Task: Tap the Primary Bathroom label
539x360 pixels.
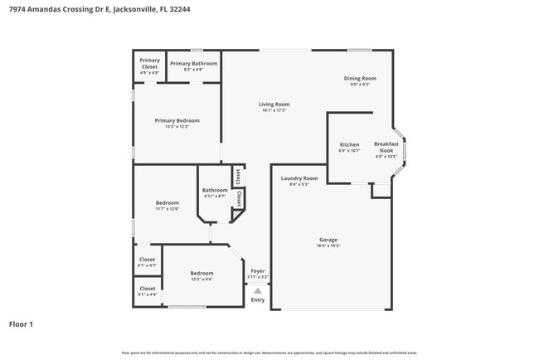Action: coord(193,64)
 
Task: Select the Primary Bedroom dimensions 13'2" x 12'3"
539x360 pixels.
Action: coord(177,127)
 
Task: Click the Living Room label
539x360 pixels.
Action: coord(274,105)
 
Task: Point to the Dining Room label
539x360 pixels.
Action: coord(360,78)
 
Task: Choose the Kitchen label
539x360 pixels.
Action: coord(349,145)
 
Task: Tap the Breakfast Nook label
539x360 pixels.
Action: coord(386,147)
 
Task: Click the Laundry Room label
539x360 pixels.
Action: coord(299,178)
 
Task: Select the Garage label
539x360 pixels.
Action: coord(328,240)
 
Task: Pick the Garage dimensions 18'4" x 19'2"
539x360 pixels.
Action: coord(328,246)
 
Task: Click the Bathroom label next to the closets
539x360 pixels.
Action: coord(214,190)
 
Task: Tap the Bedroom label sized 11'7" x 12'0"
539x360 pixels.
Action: coord(168,203)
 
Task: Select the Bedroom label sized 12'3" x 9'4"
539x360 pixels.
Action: coord(202,273)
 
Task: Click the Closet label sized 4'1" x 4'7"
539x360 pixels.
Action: coord(148,260)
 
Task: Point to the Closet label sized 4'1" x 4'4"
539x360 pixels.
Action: coord(148,289)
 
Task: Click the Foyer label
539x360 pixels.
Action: coord(258,270)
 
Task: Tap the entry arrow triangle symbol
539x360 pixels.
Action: coord(258,290)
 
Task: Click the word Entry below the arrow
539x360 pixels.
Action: coord(258,299)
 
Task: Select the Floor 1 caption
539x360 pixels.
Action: coord(21,324)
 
